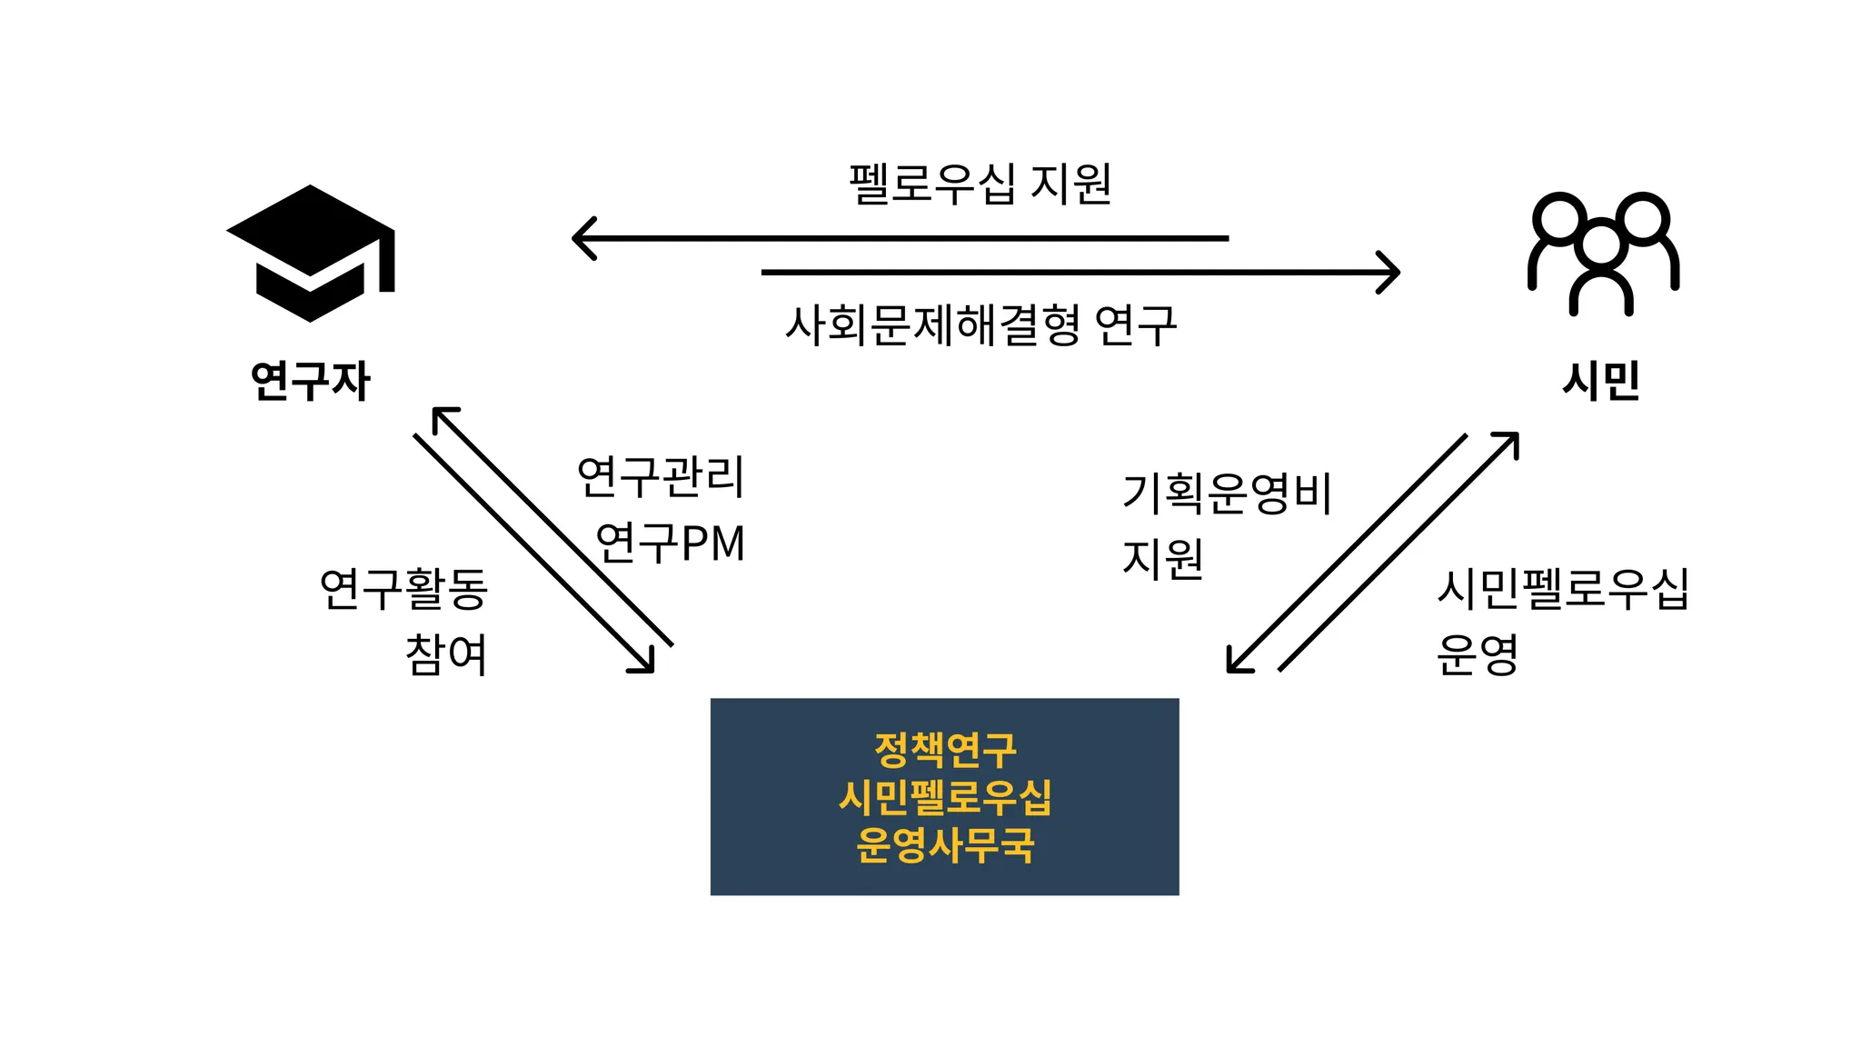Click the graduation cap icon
310,253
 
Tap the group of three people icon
1603,253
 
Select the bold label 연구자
310,381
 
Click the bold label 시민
1601,381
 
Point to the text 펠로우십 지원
980,184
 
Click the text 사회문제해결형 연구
980,325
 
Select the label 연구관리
661,476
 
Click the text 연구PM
670,543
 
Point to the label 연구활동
403,588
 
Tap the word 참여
446,654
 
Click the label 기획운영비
1227,494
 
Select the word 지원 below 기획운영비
1162,559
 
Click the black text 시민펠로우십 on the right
1562,588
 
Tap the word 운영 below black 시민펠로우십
1477,654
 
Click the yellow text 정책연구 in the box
945,750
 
